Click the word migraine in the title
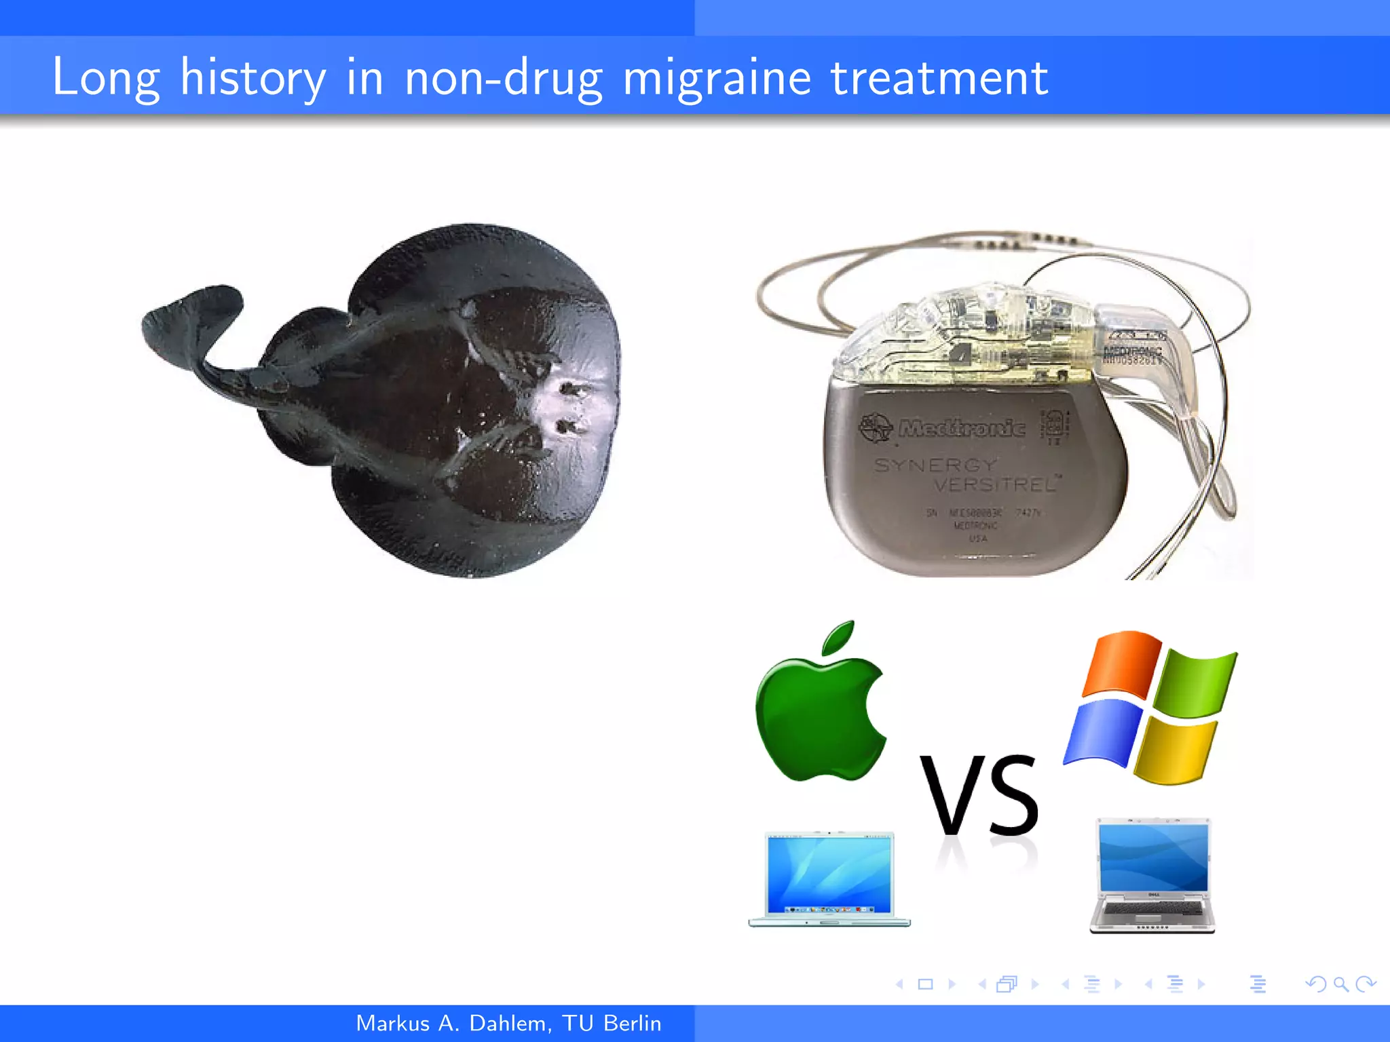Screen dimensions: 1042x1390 pyautogui.click(x=716, y=78)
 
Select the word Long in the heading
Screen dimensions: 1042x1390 pyautogui.click(x=106, y=78)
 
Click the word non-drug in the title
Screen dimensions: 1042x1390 pyautogui.click(x=503, y=78)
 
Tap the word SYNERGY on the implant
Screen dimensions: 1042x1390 pyautogui.click(x=936, y=465)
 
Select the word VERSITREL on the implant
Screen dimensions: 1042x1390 pyautogui.click(x=995, y=484)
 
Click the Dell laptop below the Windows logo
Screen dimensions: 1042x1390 pyautogui.click(x=1153, y=876)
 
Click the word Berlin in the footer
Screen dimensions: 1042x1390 pyautogui.click(x=632, y=1023)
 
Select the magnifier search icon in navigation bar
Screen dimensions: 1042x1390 pyautogui.click(x=1340, y=984)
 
